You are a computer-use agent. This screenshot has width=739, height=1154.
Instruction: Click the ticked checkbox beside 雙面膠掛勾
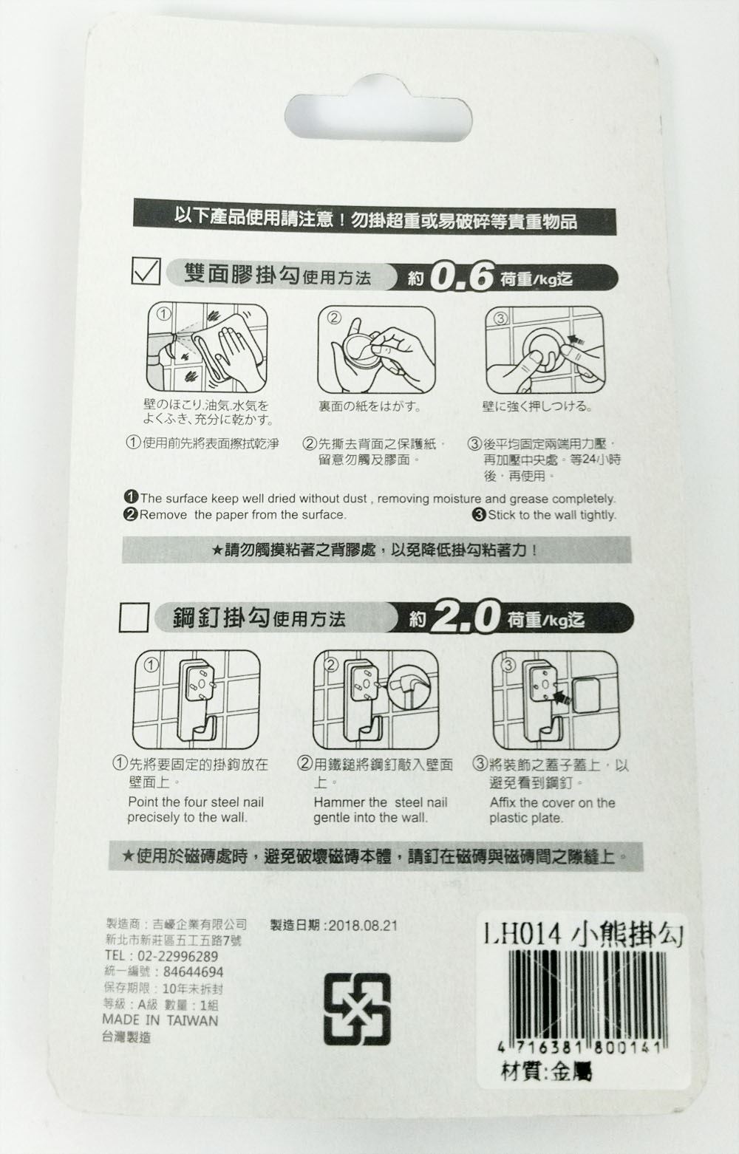(x=145, y=271)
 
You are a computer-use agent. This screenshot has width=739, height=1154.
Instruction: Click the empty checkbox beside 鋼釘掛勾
(x=134, y=617)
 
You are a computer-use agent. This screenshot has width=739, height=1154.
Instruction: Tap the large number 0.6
(x=460, y=277)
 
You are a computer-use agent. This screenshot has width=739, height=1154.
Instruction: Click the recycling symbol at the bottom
(x=357, y=1008)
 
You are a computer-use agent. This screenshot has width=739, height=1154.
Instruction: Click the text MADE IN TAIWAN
(x=160, y=1020)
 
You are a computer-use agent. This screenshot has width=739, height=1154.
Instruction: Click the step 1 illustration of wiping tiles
(x=206, y=347)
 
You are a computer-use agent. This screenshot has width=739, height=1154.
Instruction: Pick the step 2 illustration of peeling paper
(x=376, y=349)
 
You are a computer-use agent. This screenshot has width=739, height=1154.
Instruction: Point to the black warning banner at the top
(x=374, y=220)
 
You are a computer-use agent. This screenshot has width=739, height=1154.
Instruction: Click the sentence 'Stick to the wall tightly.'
(x=551, y=515)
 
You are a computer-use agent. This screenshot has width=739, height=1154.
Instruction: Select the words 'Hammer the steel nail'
(x=380, y=802)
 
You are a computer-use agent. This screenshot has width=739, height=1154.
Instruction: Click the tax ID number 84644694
(x=192, y=972)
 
